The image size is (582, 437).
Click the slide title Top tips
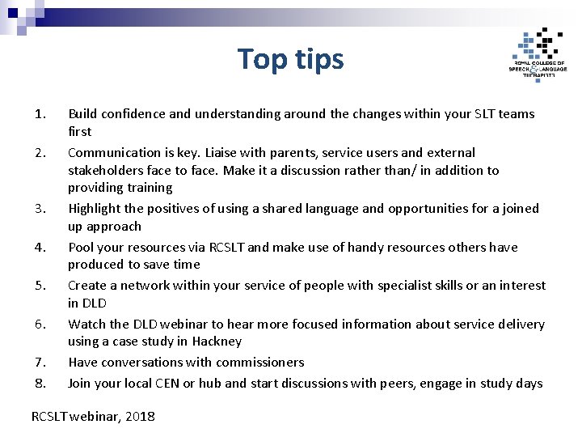coord(291,59)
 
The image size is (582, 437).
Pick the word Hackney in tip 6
coord(217,342)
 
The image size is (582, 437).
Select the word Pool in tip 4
coord(81,248)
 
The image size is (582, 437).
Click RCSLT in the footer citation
coord(50,417)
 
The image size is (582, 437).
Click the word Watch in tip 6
coord(86,325)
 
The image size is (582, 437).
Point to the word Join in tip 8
coord(80,384)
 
